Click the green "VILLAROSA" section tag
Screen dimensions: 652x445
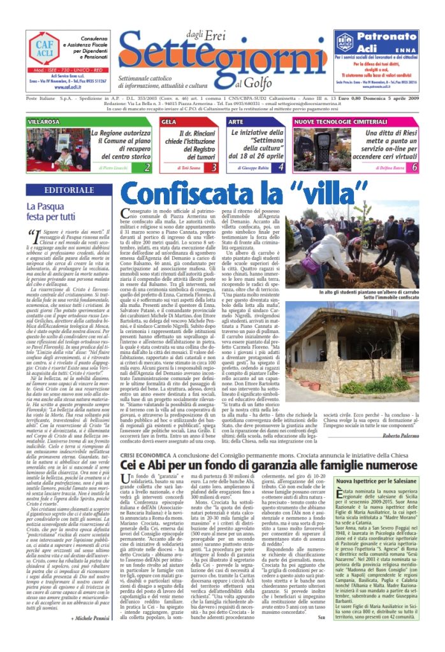pos(43,121)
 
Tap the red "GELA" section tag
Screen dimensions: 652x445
pos(170,121)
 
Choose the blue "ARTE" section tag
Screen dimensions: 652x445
pos(236,121)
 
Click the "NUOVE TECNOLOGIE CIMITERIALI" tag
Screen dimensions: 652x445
pos(332,121)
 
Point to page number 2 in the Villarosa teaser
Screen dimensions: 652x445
pos(147,167)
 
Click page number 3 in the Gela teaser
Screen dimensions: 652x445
pos(214,167)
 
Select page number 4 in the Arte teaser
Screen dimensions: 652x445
pos(281,167)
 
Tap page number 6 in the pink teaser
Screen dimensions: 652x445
pos(414,167)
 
